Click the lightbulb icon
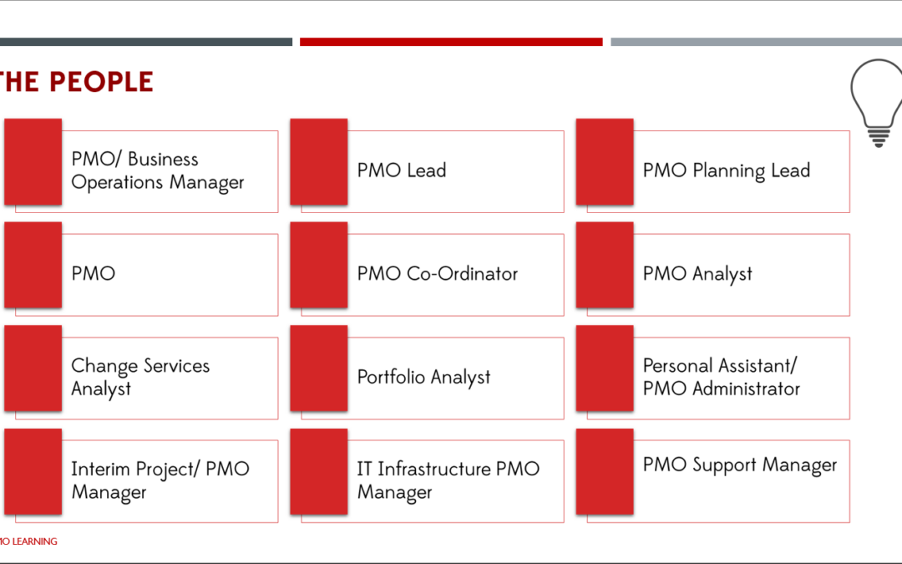pos(876,103)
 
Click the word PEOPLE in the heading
pos(101,82)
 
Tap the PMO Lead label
pos(402,170)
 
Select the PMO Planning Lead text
pos(727,171)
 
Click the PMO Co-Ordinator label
pos(437,273)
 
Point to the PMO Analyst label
pos(697,274)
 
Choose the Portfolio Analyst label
pos(423,377)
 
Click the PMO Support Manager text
pos(740,465)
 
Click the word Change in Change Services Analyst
pos(104,365)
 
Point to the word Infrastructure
pos(434,469)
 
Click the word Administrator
pos(746,389)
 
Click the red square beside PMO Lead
pos(319,162)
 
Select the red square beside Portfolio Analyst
pos(319,368)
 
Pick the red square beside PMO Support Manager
pos(605,471)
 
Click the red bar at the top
pos(451,42)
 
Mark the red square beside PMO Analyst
pos(605,265)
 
